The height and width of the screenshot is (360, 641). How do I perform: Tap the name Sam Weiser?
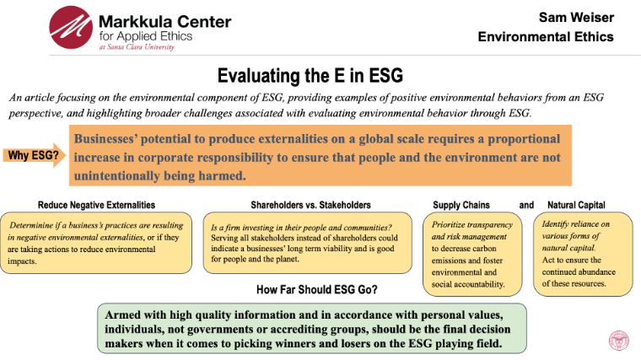pos(577,17)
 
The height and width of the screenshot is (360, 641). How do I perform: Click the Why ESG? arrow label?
pos(33,155)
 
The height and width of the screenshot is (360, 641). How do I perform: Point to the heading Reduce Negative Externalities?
pos(96,205)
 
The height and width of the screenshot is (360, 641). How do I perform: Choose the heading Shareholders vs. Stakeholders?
pos(310,205)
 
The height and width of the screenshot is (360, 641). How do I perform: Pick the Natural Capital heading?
pos(576,205)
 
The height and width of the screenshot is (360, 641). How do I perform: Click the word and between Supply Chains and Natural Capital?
pos(526,205)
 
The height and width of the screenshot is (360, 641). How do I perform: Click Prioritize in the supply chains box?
pos(450,226)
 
